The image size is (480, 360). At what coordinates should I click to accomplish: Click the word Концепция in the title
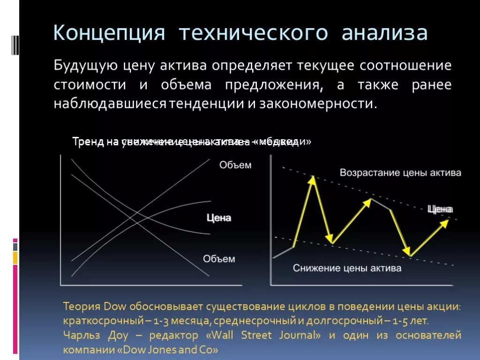click(109, 34)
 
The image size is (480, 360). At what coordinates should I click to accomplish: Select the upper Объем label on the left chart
click(235, 165)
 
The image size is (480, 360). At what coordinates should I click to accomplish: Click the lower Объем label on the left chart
click(219, 258)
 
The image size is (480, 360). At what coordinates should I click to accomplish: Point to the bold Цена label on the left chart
click(219, 218)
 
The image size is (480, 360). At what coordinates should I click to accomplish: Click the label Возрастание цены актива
click(400, 172)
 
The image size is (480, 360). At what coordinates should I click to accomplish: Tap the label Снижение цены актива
click(347, 268)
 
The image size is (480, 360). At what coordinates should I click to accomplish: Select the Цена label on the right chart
click(440, 209)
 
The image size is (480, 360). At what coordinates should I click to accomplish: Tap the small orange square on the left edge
click(15, 257)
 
